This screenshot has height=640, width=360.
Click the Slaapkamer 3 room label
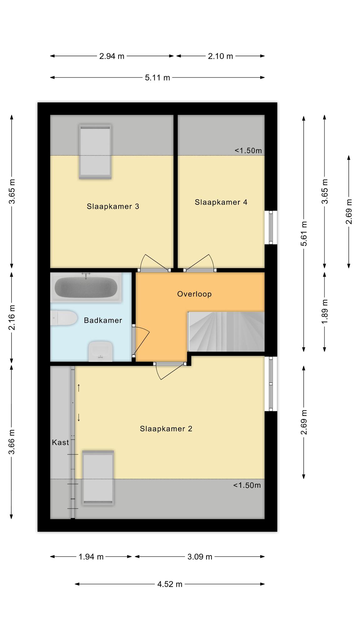[x=113, y=206]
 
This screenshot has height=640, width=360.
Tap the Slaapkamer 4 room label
[x=221, y=202]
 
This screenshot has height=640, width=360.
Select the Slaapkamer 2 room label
[x=166, y=429]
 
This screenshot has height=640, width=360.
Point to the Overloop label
[x=194, y=294]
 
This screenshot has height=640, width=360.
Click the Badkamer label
[x=103, y=320]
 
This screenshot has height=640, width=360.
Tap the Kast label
[x=60, y=442]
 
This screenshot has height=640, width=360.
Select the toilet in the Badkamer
[x=64, y=318]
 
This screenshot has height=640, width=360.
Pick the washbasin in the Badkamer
[x=101, y=352]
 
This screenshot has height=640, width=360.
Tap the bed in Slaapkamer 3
[x=95, y=152]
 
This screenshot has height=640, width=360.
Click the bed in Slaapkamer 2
[x=98, y=478]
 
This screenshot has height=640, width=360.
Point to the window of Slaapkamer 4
[x=271, y=227]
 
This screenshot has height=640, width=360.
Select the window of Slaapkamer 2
[x=271, y=384]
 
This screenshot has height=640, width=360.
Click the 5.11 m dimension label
[x=157, y=77]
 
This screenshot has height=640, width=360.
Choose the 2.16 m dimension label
[x=12, y=317]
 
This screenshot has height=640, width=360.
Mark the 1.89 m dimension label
[x=325, y=312]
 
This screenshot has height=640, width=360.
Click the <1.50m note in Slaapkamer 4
[x=248, y=151]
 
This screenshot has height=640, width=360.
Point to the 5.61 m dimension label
[x=304, y=233]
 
